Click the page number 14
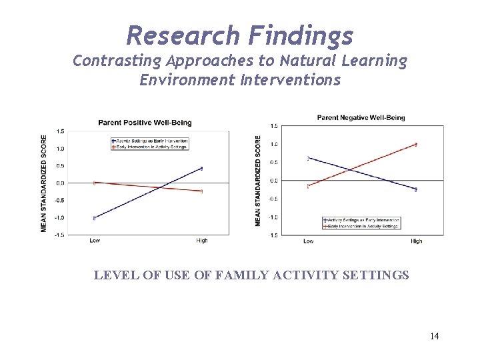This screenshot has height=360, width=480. pos(434,336)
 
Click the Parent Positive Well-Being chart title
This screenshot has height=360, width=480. pos(145,123)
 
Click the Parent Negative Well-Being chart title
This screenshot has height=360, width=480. pos(361,118)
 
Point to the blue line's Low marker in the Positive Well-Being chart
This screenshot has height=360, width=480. pos(95,218)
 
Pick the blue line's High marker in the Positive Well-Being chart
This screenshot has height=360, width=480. pos(201,169)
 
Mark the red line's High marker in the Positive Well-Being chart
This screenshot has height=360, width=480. pos(201,191)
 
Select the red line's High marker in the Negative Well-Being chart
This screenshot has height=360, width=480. pos(416,144)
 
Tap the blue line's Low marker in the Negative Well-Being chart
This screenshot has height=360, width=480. pos(308,158)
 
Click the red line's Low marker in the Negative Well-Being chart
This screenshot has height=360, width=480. pos(308,186)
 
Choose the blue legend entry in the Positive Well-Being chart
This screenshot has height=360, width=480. pos(151,141)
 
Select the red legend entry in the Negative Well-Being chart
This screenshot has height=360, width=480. pos(363,226)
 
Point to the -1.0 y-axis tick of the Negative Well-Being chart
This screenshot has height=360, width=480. pos(273,217)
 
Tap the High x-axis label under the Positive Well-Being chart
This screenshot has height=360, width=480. pos(201,241)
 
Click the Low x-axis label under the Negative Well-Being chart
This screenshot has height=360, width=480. pos(309,241)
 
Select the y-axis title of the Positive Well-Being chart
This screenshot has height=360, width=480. pos(44,183)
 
